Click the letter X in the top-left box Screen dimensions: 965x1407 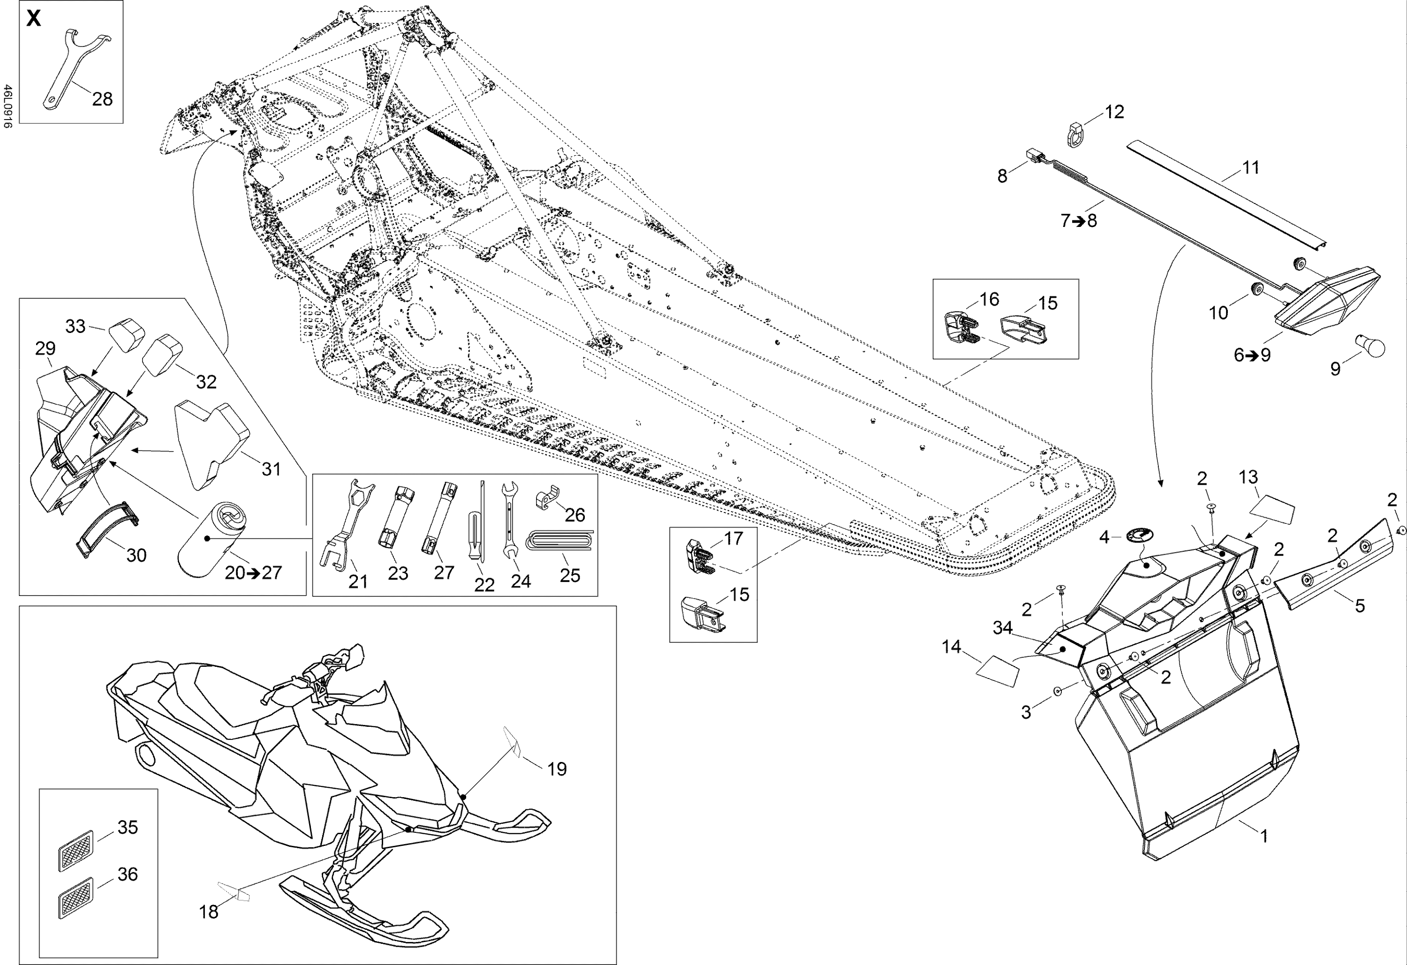pyautogui.click(x=34, y=19)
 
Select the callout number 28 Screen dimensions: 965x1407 pyautogui.click(x=102, y=98)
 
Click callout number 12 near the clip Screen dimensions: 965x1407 pyautogui.click(x=1114, y=112)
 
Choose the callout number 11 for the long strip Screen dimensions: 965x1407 pyautogui.click(x=1250, y=168)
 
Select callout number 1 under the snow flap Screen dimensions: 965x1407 pyautogui.click(x=1263, y=836)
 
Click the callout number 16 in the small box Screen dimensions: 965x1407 pyautogui.click(x=989, y=299)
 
